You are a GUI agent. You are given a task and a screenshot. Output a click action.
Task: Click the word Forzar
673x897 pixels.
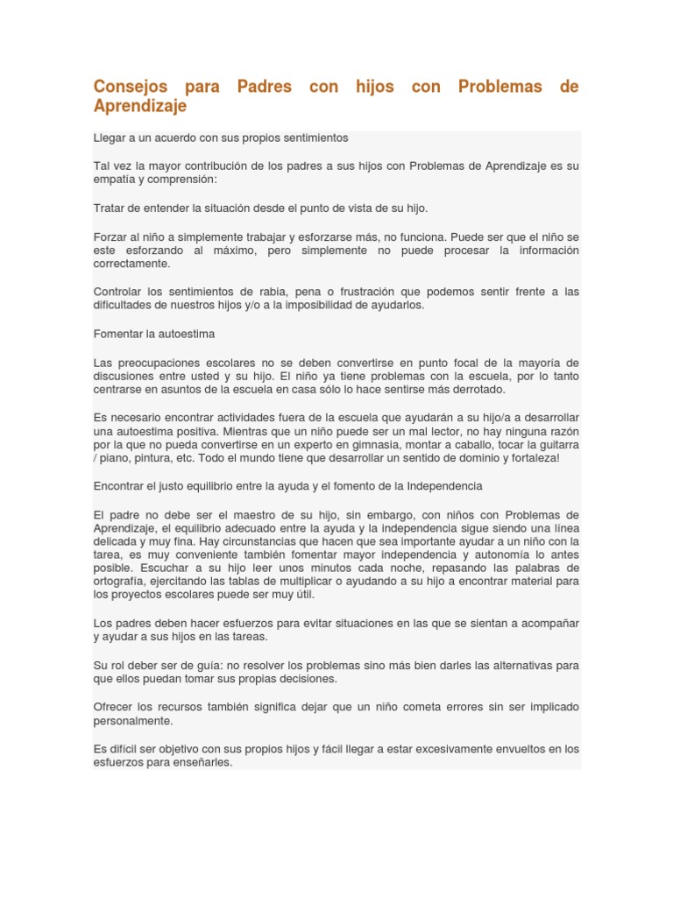click(x=110, y=237)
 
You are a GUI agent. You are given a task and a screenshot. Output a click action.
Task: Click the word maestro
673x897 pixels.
click(x=236, y=513)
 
